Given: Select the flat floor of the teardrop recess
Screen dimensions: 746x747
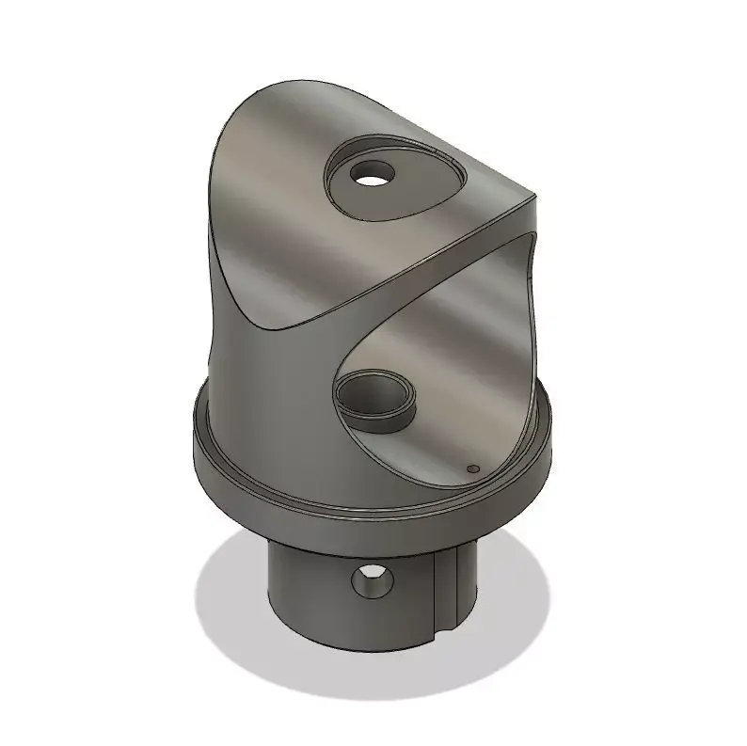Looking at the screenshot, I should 414,193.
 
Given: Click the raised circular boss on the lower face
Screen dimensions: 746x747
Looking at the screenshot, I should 375,399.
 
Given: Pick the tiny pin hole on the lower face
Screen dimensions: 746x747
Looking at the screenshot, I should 473,467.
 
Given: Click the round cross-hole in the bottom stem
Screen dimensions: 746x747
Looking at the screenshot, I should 373,580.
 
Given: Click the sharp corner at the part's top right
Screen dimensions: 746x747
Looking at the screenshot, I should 535,198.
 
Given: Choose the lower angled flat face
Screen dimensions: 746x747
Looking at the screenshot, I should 452,357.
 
